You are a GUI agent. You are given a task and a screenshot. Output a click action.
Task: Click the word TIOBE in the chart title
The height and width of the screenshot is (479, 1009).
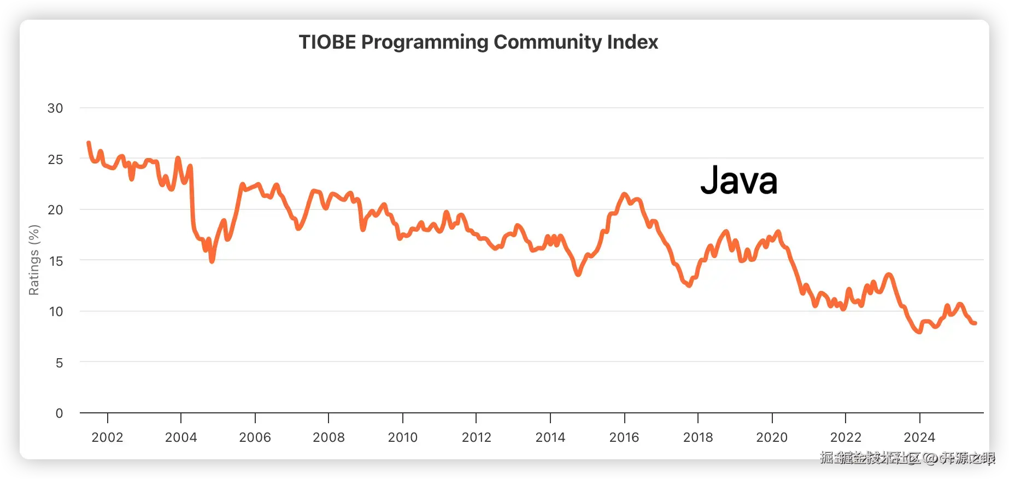[327, 42]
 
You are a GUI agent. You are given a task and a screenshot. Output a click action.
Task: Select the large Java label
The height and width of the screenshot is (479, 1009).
[738, 180]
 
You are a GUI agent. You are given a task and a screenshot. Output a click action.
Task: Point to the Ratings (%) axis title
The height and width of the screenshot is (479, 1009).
[34, 260]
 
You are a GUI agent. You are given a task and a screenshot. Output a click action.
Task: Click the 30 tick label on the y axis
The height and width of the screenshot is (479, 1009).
[55, 108]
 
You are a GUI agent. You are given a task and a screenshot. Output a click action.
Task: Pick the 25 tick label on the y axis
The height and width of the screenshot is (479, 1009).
[55, 160]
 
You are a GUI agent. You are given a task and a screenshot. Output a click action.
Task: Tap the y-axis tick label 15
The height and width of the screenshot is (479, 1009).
[56, 261]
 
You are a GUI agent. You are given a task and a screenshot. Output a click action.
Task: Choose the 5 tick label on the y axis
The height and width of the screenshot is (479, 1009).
[59, 363]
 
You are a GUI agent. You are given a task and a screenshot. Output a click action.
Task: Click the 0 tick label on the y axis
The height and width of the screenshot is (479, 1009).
[59, 413]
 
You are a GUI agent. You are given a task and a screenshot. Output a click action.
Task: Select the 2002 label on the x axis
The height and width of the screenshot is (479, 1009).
[107, 437]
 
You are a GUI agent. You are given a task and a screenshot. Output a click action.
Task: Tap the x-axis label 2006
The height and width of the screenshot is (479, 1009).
[255, 437]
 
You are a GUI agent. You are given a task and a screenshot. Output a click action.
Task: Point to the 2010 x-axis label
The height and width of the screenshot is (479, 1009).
[402, 437]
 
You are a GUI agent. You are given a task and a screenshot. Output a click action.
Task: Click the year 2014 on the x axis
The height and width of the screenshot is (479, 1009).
[550, 437]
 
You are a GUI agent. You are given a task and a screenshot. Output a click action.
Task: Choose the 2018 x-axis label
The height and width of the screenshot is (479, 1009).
[698, 437]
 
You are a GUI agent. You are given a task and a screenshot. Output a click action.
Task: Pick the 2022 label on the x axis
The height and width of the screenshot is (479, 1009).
[846, 437]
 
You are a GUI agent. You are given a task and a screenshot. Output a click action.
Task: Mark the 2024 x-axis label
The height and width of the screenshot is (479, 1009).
[919, 437]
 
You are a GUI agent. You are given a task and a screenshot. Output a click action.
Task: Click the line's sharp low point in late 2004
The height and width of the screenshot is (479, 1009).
[212, 261]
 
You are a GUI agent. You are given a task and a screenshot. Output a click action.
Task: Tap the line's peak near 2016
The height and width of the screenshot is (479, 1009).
[624, 195]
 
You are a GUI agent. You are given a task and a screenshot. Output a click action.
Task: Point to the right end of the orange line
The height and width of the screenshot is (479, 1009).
[975, 323]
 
